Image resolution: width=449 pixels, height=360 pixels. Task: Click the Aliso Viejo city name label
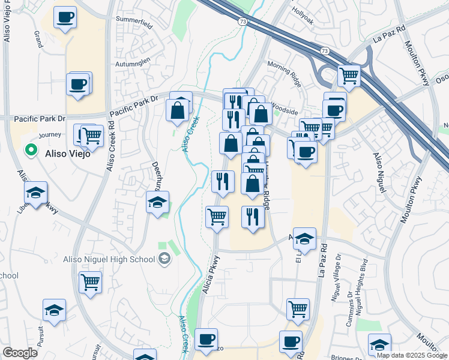pyautogui.click(x=68, y=153)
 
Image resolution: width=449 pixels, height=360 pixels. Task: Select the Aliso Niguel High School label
pyautogui.click(x=109, y=259)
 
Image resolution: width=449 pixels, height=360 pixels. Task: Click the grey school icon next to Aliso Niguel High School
pyautogui.click(x=163, y=259)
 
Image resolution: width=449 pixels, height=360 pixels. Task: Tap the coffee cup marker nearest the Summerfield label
pyautogui.click(x=65, y=17)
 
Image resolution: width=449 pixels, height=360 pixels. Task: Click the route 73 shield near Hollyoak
pyautogui.click(x=241, y=22)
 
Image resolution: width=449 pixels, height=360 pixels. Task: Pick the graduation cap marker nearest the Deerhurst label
pyautogui.click(x=157, y=202)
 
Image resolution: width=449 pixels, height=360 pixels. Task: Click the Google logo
pyautogui.click(x=20, y=352)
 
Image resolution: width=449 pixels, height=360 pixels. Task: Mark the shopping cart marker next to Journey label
pyautogui.click(x=91, y=136)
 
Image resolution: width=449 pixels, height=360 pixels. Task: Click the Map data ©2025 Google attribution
pyautogui.click(x=412, y=355)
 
